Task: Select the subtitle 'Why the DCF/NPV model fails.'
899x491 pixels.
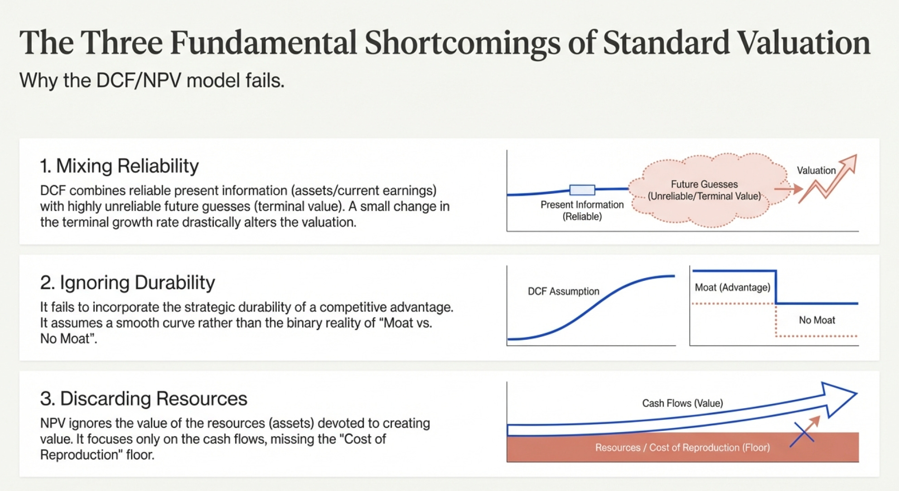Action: coord(152,81)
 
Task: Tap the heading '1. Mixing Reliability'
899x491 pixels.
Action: coord(119,166)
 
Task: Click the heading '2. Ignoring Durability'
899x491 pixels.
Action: coord(127,282)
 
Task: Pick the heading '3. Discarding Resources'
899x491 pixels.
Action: coord(144,399)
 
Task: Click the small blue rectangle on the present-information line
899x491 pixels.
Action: coord(582,190)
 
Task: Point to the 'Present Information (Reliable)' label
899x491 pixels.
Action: coord(582,211)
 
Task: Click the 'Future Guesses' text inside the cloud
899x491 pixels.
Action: coord(704,184)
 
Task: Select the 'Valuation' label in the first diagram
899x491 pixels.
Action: coord(816,170)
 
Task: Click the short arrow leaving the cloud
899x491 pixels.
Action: coord(788,189)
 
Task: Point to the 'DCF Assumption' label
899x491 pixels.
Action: coord(563,291)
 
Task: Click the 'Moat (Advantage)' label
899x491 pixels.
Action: coord(732,288)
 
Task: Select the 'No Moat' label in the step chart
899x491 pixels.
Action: coord(817,320)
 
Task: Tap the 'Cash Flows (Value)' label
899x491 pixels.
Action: coord(682,403)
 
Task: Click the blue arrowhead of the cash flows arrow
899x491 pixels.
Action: coord(837,399)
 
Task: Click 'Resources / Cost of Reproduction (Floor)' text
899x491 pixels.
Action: coord(682,448)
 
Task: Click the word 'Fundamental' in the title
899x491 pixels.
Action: coord(263,43)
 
